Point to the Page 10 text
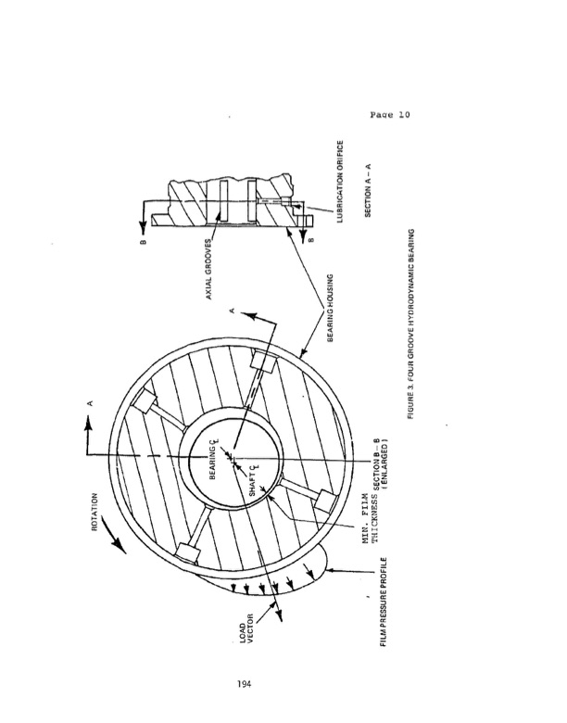(x=388, y=116)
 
